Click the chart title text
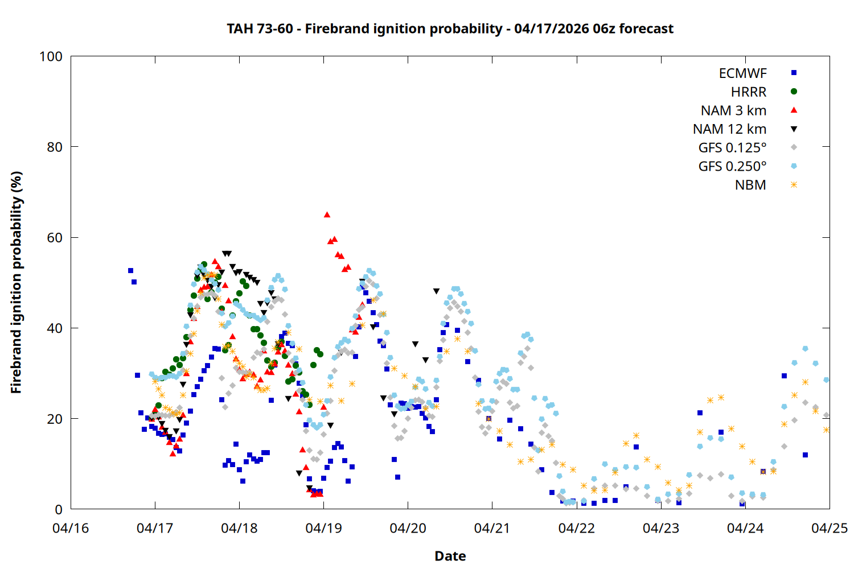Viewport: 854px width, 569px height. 450,28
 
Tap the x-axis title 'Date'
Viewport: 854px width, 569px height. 450,556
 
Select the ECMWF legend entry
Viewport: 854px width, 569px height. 742,73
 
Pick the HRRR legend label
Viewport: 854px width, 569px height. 749,92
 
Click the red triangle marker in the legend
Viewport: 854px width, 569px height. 794,110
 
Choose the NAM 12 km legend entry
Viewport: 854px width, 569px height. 729,129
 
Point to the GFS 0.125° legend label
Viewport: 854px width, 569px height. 732,148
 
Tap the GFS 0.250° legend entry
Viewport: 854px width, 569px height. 732,167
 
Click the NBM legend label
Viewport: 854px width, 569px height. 750,185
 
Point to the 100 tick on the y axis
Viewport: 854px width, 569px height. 51,56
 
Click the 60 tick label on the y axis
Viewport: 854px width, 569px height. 55,238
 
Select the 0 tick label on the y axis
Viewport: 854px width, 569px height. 59,510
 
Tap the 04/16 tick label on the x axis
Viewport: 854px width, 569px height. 71,528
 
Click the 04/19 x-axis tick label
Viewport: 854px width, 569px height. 323,528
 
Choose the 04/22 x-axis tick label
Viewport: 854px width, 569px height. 576,528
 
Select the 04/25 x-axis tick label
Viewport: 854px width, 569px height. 829,528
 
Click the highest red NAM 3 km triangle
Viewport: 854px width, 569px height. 327,215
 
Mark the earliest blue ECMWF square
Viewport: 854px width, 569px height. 130,270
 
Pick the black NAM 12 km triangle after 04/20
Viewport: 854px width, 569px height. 436,291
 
